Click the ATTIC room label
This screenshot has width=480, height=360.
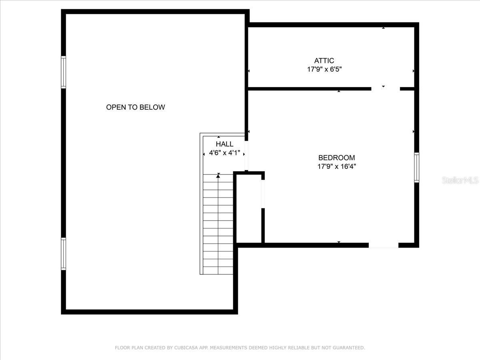(x=324, y=61)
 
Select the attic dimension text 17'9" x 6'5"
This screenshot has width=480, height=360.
(x=324, y=69)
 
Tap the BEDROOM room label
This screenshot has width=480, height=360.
(x=336, y=158)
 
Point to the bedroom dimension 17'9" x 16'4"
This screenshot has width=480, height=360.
(x=336, y=166)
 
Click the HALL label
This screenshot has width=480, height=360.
(x=224, y=144)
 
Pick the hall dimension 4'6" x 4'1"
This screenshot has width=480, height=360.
(x=224, y=153)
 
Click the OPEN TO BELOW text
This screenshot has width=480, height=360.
(x=135, y=107)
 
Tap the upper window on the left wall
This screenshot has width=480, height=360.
(x=63, y=72)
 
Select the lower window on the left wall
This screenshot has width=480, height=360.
(x=63, y=254)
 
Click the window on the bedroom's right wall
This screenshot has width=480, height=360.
(x=416, y=168)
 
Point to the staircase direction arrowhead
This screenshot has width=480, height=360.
(x=218, y=175)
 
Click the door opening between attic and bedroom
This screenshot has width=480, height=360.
(x=385, y=88)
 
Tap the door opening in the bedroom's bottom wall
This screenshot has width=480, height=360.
(x=383, y=245)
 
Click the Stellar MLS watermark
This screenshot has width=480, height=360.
(x=460, y=180)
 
